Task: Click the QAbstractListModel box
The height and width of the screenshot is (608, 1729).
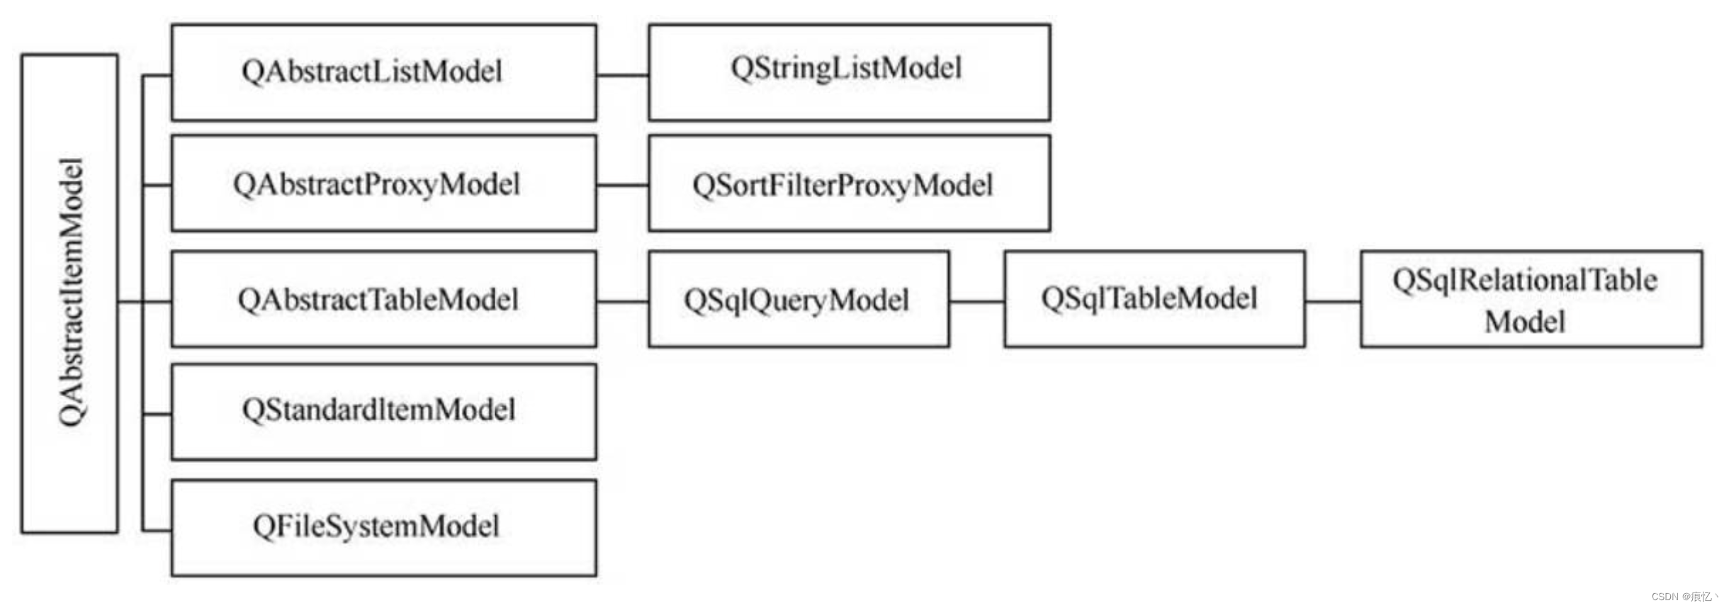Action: [x=383, y=72]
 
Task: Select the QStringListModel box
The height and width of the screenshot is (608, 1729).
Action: [x=849, y=72]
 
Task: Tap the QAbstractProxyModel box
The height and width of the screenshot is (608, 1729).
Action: [x=383, y=184]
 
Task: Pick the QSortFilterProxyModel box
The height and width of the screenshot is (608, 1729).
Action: [x=849, y=184]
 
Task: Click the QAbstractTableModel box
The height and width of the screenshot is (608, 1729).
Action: [x=383, y=299]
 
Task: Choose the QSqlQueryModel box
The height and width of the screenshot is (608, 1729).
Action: [x=799, y=299]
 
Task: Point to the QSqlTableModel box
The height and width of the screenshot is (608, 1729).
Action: [x=1154, y=299]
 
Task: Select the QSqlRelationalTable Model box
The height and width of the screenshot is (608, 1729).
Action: [x=1531, y=299]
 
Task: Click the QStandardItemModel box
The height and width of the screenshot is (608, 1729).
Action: [x=383, y=412]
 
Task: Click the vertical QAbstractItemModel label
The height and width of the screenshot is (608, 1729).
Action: [x=70, y=293]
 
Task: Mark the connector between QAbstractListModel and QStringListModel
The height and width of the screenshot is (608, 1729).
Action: [x=622, y=74]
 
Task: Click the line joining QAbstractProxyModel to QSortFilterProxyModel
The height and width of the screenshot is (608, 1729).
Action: [x=622, y=186]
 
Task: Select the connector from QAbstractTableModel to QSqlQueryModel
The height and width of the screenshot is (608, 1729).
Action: [x=622, y=302]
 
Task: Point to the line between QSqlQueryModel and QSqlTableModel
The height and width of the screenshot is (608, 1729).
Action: [x=976, y=302]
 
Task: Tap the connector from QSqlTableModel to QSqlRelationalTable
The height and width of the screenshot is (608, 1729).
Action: [x=1332, y=302]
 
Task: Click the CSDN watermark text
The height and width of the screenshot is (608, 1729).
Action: [x=1684, y=597]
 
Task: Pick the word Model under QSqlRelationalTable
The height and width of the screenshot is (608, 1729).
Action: [x=1524, y=322]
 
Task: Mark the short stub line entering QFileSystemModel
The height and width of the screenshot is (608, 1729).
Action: [x=157, y=530]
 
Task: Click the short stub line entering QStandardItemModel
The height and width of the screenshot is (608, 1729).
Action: [x=157, y=414]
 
